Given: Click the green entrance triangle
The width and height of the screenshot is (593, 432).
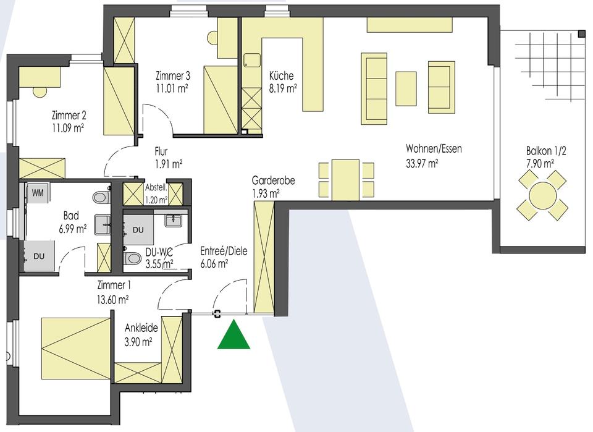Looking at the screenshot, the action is coord(233,334).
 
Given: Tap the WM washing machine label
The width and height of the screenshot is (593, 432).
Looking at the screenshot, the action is coord(38,193).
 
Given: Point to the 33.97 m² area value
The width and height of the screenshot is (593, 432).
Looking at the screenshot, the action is coord(422,164).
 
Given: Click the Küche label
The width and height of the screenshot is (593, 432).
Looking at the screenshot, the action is coord(282,75).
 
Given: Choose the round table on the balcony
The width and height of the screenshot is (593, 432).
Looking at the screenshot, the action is coord(543,195).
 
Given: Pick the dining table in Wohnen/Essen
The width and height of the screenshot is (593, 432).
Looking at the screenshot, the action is coord(345,180).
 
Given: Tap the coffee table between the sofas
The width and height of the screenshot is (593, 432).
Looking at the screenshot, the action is coord(406,88).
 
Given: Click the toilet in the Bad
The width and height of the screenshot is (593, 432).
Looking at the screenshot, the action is coord(101,197).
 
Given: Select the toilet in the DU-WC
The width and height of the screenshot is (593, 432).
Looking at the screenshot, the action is coord(132,258).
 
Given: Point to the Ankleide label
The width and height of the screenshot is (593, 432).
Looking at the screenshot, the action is coord(141,327).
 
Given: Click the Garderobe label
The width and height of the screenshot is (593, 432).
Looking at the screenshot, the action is coord(274,180).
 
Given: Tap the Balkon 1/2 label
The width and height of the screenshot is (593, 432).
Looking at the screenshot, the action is coord(546,151).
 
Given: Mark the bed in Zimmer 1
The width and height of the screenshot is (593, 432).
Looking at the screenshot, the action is coord(76,348).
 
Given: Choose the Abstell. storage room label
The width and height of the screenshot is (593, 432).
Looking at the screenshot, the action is coord(156,188).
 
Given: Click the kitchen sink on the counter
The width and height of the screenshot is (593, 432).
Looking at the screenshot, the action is coord(252,61).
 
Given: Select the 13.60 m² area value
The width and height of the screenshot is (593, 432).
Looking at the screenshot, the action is coord(112,300).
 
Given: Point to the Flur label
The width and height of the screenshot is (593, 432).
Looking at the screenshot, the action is coord(161,151).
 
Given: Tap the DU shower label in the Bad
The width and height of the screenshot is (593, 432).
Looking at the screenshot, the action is coord(39,256).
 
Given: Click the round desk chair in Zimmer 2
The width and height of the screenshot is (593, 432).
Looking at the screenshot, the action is coord(39,92).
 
